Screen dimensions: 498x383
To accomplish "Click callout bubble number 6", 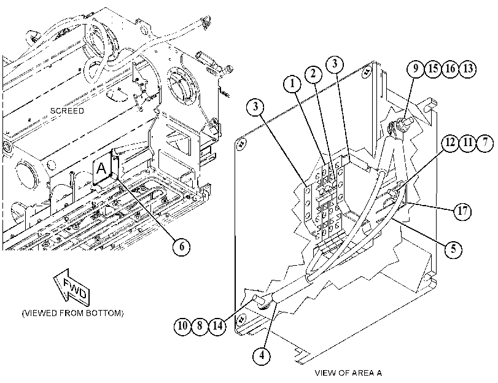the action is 182,247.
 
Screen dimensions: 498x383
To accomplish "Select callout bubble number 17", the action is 463,211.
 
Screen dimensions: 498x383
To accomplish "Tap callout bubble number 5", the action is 453,249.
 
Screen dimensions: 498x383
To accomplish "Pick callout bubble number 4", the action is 262,355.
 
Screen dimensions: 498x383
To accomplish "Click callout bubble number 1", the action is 292,84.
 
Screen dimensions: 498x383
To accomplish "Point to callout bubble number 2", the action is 313,74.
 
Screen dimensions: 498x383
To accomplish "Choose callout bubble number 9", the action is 416,69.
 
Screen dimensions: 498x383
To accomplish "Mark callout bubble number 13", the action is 468,69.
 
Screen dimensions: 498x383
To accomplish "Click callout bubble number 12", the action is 450,142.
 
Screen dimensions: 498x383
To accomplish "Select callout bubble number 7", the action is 485,142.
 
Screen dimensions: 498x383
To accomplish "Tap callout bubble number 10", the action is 182,325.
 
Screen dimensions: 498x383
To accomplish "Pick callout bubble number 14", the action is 217,325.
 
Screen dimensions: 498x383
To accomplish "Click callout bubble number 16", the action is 450,69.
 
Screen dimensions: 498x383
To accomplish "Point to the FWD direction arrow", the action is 72,287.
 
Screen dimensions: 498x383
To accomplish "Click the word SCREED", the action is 67,111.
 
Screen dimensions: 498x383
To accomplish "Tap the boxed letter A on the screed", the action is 102,168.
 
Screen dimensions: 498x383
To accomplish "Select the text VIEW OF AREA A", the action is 348,373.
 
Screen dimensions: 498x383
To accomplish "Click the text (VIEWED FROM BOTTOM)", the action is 72,313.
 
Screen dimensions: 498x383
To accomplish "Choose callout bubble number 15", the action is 433,69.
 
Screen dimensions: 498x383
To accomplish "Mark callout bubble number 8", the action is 200,325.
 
